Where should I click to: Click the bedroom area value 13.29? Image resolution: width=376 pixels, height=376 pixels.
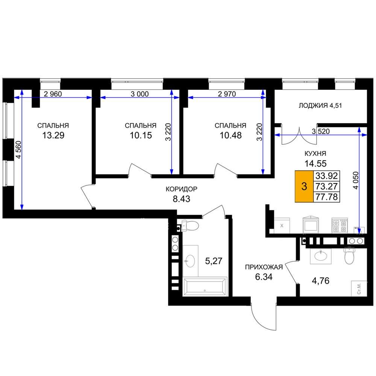(53, 135)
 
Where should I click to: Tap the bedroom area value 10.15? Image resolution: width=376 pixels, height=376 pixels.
(141, 135)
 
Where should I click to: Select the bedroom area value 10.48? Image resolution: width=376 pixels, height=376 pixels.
(231, 135)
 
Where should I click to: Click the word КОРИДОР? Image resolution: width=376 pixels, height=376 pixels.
(182, 189)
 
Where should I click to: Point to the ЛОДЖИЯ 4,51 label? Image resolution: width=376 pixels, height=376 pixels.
(320, 106)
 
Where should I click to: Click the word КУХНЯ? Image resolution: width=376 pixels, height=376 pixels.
(315, 153)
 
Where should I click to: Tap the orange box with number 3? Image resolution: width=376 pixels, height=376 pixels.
(304, 186)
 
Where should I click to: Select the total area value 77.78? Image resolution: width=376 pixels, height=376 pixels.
(327, 197)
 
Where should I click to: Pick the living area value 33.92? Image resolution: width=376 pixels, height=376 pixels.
(327, 176)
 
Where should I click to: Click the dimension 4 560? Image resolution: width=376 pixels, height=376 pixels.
(19, 150)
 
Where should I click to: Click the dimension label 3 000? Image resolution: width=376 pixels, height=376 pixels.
(139, 94)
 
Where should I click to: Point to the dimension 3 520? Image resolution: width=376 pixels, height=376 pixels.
(321, 131)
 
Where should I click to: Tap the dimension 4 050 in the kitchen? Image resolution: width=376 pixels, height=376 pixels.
(356, 180)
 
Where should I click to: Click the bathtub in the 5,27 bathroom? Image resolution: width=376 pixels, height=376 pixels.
(205, 287)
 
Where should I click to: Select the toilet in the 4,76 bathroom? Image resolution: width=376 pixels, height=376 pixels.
(349, 256)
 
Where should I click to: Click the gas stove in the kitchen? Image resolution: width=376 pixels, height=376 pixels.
(340, 225)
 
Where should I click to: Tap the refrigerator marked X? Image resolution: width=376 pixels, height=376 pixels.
(282, 225)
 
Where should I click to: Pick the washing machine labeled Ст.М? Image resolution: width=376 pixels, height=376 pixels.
(359, 288)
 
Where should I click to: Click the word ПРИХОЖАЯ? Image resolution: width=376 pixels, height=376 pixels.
(264, 267)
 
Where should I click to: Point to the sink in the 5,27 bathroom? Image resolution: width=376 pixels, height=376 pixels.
(190, 261)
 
